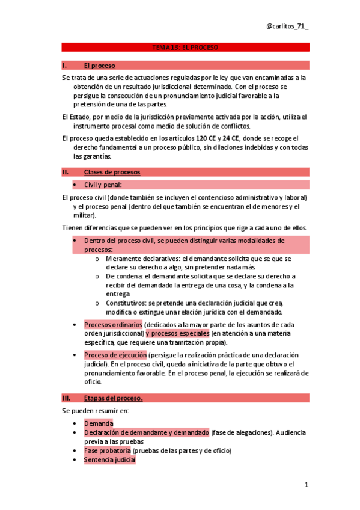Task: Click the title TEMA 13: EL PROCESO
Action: (185, 47)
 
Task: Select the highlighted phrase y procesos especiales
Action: (177, 333)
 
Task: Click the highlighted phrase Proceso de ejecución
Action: (115, 355)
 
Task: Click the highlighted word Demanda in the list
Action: (99, 424)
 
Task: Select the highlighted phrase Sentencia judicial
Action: (110, 459)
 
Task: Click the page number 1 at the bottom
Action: (306, 484)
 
